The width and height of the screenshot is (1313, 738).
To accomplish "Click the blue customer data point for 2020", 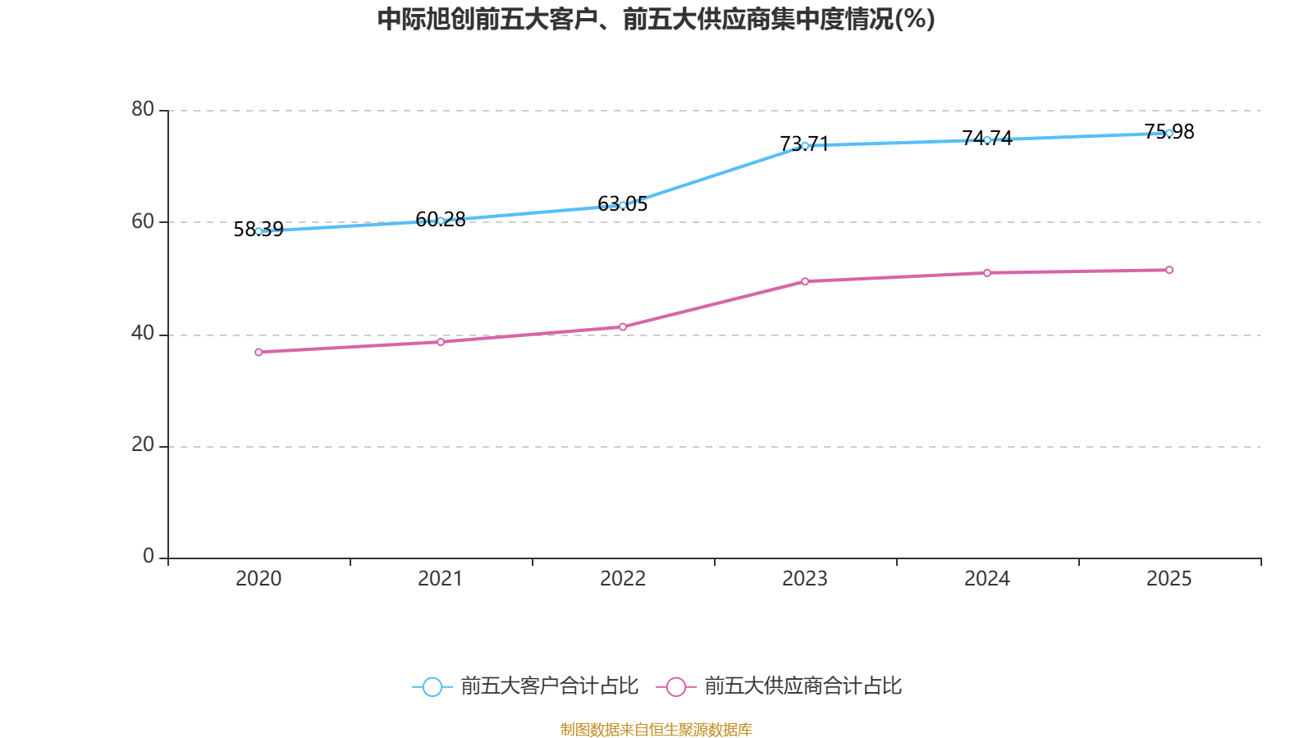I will (x=258, y=231).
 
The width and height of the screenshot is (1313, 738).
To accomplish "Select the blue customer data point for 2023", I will (x=805, y=145).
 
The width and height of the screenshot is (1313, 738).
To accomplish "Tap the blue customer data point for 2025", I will (x=1169, y=133).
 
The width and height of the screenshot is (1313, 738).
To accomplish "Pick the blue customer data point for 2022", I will (x=623, y=205).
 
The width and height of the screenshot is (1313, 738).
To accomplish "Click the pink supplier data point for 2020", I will (x=258, y=352).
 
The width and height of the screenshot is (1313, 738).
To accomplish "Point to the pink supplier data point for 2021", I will (x=441, y=342).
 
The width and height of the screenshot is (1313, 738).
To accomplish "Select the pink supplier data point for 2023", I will (x=805, y=281).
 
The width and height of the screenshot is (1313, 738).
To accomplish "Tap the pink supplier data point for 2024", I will (x=987, y=273).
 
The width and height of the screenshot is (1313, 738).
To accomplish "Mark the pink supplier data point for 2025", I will (x=1169, y=270).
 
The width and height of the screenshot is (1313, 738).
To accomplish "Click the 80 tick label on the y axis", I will (x=143, y=109).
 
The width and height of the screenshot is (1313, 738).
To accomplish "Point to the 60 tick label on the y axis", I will (x=143, y=221).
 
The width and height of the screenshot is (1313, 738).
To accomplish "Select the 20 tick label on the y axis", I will (x=143, y=444).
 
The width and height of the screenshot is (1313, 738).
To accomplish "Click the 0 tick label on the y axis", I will (x=149, y=556).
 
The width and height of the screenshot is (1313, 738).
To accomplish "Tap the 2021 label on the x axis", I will (x=441, y=579).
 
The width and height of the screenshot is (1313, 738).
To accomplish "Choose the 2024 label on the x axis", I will (x=987, y=579).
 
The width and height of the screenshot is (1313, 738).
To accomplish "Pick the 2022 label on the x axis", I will (x=623, y=579).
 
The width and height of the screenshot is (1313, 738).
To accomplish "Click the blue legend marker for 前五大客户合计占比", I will (x=432, y=686).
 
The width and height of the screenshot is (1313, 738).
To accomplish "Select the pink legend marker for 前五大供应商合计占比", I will (x=675, y=686).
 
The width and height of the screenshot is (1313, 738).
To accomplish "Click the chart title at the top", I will (x=656, y=19).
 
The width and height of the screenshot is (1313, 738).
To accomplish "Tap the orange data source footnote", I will (x=656, y=729).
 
